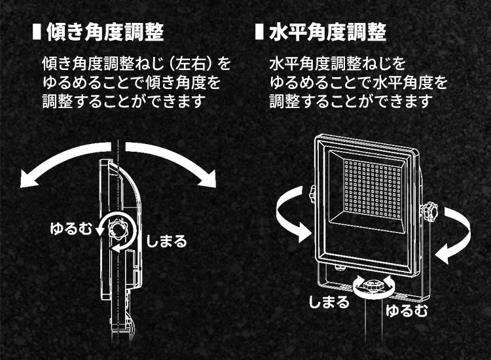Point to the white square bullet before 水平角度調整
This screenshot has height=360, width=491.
[259, 31]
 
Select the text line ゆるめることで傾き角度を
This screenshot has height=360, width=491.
[130, 83]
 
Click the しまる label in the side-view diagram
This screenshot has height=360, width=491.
[166, 241]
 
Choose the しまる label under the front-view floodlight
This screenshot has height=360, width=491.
[329, 302]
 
